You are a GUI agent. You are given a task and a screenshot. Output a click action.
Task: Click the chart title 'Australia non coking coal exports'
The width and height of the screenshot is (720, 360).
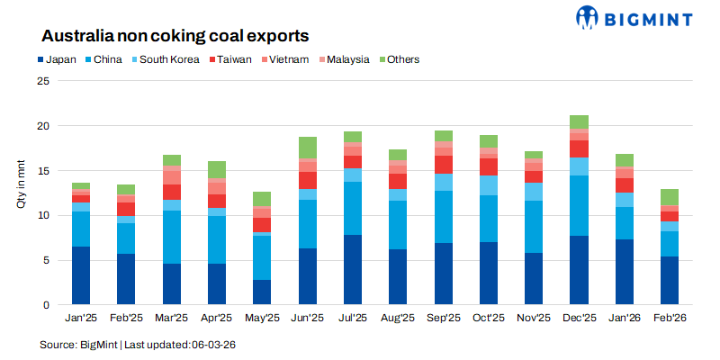[175, 36]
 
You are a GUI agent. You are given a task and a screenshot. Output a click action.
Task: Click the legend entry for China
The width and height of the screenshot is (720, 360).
[109, 59]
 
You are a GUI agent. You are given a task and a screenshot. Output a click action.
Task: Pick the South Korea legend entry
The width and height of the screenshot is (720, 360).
[171, 59]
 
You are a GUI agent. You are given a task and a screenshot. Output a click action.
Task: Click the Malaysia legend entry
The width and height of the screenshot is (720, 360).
[346, 59]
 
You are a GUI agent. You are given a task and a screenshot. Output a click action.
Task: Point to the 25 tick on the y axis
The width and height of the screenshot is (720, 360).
[42, 81]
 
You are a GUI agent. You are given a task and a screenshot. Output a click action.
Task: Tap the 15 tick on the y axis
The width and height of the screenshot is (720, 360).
[42, 171]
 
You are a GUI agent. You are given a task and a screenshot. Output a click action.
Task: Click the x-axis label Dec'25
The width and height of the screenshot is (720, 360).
[580, 318]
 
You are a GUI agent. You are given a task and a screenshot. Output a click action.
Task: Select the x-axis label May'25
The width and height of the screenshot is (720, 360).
[262, 318]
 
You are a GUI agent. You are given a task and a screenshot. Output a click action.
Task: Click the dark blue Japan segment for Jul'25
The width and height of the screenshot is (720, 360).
[353, 270]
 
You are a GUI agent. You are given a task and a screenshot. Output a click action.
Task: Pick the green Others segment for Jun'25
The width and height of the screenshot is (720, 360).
[308, 148]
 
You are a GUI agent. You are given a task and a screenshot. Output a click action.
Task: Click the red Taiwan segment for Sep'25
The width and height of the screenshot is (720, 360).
[444, 164]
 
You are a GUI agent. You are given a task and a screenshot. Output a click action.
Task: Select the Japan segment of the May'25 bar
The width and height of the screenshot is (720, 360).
[262, 292]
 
